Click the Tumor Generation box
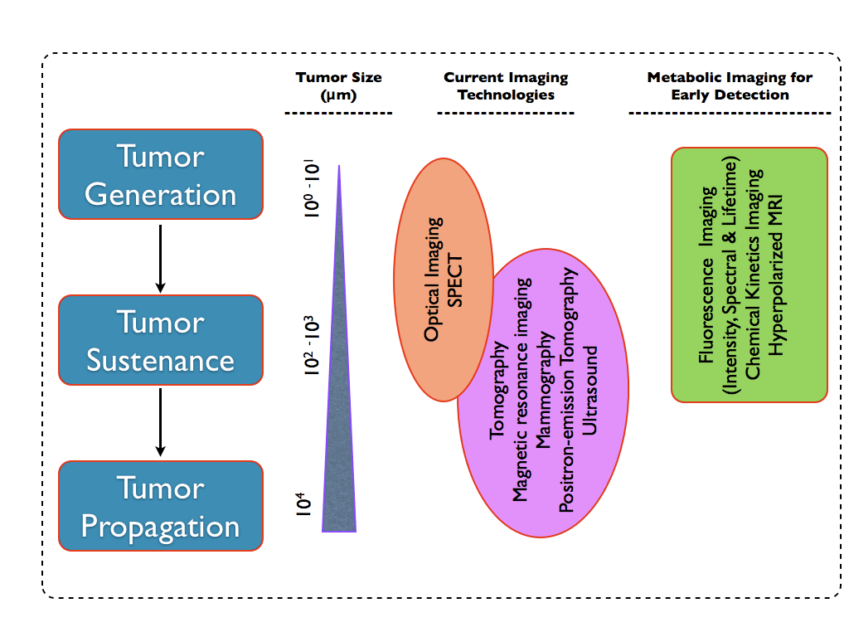(x=160, y=174)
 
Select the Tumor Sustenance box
(x=160, y=340)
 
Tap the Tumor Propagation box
(x=160, y=506)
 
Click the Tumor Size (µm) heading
(x=338, y=86)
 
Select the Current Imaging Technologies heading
(x=506, y=86)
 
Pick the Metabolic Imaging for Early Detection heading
(x=730, y=86)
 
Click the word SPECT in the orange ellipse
(x=456, y=279)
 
